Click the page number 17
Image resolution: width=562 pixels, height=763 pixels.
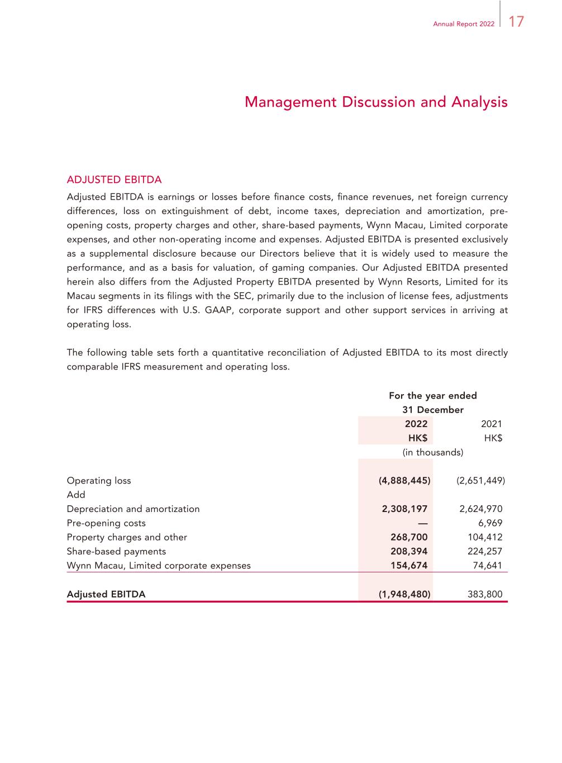click(x=517, y=22)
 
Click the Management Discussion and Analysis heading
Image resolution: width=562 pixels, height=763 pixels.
click(x=376, y=102)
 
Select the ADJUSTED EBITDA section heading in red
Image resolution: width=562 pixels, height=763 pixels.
click(x=114, y=180)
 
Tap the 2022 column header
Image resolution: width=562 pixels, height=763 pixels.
click(x=416, y=424)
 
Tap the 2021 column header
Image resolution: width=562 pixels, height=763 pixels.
click(x=492, y=424)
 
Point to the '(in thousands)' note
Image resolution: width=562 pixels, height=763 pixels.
click(x=433, y=452)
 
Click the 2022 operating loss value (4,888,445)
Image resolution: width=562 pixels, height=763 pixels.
click(x=404, y=481)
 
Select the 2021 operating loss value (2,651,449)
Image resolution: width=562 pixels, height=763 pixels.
click(x=480, y=481)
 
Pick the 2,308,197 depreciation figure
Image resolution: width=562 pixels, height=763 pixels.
click(x=404, y=509)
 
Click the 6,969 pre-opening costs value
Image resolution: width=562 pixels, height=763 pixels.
click(x=490, y=523)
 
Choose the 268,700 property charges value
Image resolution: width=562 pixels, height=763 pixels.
click(x=409, y=537)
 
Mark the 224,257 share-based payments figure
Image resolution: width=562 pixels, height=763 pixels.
click(x=485, y=551)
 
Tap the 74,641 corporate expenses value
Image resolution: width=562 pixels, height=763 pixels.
click(x=487, y=565)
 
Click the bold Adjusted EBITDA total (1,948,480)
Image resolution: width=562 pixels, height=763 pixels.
click(x=404, y=594)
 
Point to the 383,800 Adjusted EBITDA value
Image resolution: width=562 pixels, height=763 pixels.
click(x=485, y=594)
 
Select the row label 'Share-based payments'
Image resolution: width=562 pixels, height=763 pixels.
click(x=116, y=551)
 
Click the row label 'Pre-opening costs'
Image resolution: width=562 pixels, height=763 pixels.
click(x=106, y=523)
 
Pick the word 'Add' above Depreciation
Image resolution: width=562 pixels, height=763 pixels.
click(x=76, y=495)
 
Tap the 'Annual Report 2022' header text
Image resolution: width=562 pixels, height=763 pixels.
click(x=464, y=24)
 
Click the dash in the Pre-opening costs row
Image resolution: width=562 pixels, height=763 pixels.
click(x=422, y=523)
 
